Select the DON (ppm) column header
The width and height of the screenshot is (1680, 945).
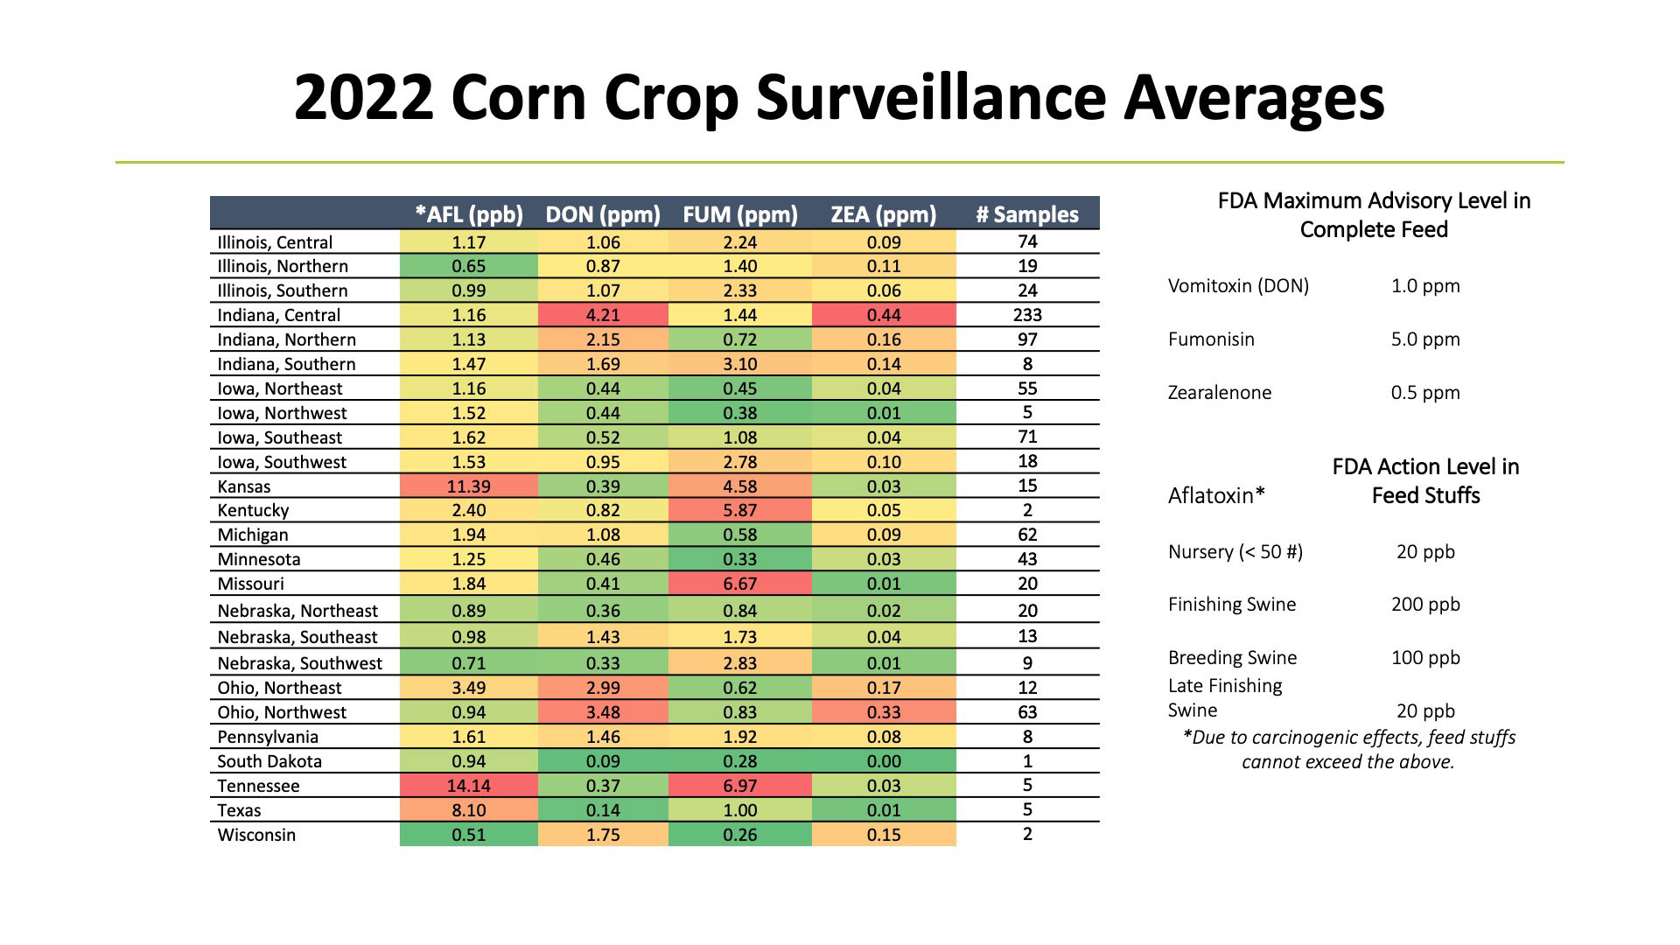pos(603,214)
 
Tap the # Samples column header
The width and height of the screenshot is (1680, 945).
pos(1027,214)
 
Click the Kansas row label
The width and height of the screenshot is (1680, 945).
pos(244,486)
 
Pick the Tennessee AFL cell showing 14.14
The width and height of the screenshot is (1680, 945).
pos(468,786)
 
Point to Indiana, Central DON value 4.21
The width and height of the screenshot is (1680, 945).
pos(603,315)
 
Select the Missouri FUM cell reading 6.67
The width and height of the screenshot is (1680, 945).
pos(739,584)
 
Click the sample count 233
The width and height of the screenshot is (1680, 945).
pos(1027,315)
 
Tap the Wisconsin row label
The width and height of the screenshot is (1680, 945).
pos(256,835)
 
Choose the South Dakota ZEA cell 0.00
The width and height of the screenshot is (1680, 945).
pos(884,761)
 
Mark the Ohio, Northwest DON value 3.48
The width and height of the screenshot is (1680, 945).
pos(603,712)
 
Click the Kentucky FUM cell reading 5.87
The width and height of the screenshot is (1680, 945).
pos(739,510)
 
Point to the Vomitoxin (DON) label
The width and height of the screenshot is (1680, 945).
pos(1238,286)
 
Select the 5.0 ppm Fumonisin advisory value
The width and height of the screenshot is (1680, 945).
pos(1425,339)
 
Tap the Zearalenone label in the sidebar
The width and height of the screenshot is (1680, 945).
pos(1219,393)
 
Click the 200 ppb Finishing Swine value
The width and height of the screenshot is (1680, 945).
pos(1425,605)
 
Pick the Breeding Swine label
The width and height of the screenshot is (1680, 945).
pos(1232,658)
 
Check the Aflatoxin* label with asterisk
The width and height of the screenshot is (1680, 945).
pos(1216,496)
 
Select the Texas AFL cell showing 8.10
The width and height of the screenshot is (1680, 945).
pos(468,810)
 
